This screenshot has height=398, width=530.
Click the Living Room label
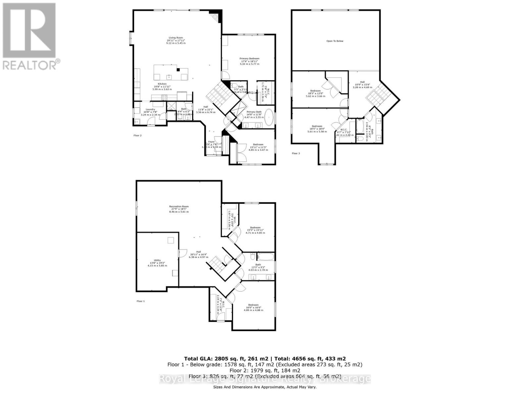[176, 38]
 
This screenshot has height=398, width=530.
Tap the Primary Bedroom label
[249, 59]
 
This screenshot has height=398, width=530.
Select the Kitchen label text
[162, 84]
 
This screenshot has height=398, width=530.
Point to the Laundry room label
[150, 109]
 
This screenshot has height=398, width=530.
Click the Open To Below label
[335, 41]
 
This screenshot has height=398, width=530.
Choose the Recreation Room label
[179, 207]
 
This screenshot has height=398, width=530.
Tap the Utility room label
[157, 260]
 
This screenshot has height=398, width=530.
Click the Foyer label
[211, 142]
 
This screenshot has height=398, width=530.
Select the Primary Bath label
[254, 112]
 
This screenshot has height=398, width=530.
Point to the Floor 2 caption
[137, 136]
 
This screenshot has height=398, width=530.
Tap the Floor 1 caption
[140, 301]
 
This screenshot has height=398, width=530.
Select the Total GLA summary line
[265, 359]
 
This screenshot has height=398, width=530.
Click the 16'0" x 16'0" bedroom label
[253, 305]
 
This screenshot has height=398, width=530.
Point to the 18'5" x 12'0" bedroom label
[315, 91]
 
